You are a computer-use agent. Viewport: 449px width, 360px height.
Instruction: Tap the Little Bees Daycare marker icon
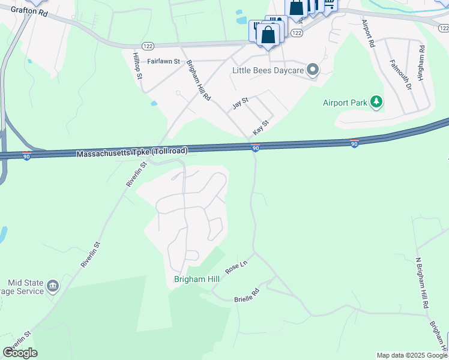(x=313, y=70)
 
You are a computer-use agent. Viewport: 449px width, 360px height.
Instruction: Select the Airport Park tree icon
(x=376, y=103)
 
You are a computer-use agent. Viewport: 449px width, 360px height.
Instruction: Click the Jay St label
(x=240, y=103)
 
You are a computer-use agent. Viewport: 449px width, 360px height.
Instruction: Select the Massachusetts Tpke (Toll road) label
(x=131, y=153)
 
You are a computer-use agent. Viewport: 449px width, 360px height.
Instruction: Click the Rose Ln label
(x=236, y=267)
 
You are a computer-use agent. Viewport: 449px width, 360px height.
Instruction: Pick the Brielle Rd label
(x=246, y=295)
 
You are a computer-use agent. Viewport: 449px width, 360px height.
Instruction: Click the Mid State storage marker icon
(x=52, y=284)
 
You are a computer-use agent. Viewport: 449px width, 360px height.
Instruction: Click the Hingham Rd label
(x=421, y=63)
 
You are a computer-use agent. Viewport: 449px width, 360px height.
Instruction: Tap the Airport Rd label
(x=368, y=33)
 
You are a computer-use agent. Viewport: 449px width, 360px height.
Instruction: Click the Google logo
(x=20, y=353)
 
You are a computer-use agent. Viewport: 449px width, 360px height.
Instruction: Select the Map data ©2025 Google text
(x=412, y=355)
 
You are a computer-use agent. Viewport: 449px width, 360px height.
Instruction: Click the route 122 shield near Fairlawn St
(x=148, y=46)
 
